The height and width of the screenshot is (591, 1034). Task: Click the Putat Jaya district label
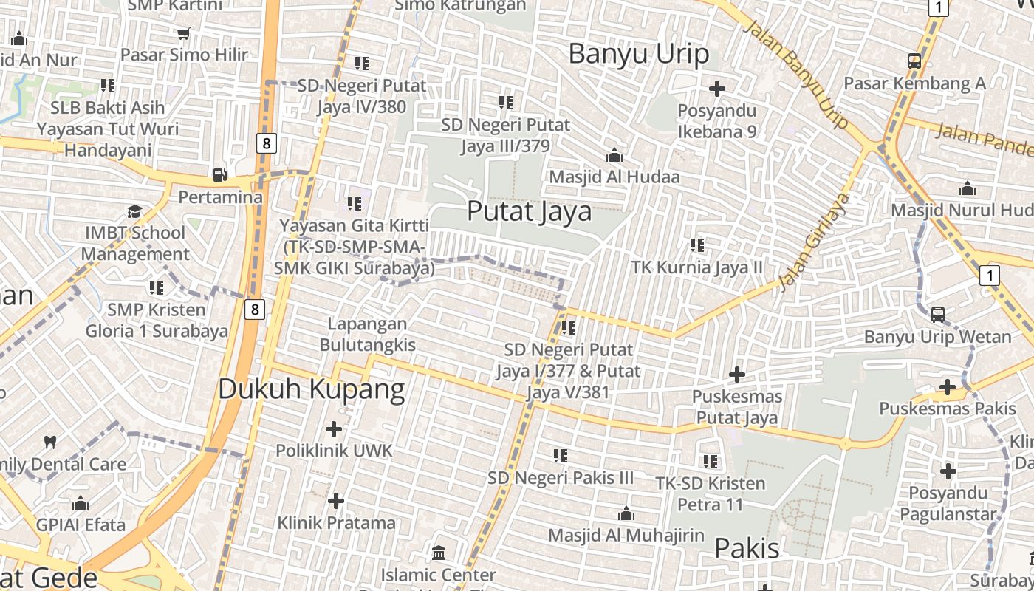tap(529, 211)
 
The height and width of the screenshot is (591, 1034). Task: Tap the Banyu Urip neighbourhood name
tap(639, 53)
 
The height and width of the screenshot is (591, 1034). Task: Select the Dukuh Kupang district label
tap(311, 389)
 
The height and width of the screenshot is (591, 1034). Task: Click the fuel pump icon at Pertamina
tap(220, 175)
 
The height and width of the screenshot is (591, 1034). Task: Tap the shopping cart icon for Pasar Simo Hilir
tap(184, 33)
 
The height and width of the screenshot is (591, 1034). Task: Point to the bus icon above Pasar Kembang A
tap(914, 61)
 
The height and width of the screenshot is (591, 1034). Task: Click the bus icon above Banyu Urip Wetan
tap(937, 315)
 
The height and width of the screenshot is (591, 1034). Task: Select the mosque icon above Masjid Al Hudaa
tap(614, 156)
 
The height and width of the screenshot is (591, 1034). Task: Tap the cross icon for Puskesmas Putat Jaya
tap(736, 375)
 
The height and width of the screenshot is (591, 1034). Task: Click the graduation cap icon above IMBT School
tap(134, 212)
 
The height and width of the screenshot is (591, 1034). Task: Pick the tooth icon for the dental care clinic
tap(50, 443)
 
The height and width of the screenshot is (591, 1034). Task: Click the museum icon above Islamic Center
tap(439, 553)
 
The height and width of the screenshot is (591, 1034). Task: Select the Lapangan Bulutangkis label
tap(367, 334)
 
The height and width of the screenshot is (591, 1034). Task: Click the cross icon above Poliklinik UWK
tap(334, 428)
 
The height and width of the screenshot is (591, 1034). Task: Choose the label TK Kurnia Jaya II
tap(696, 267)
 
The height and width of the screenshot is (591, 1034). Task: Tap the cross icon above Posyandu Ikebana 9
tap(716, 89)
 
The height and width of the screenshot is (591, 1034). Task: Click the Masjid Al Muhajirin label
tap(626, 535)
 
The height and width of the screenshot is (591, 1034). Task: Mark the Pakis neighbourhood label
tap(747, 548)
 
